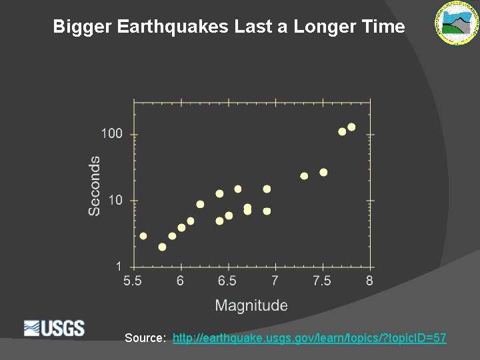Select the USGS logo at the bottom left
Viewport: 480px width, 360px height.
[54, 328]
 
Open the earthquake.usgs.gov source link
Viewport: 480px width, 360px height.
[309, 338]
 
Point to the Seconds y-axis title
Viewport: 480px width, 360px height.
[95, 185]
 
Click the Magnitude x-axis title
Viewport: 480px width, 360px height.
[251, 305]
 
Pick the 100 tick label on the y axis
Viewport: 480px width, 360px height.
[112, 134]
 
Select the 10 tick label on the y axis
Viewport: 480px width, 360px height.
[115, 200]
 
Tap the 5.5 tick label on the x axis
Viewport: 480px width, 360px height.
[133, 281]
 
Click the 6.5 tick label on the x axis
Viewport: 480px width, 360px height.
[227, 281]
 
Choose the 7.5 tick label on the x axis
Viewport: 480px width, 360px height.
[322, 281]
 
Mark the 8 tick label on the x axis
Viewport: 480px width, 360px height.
[369, 281]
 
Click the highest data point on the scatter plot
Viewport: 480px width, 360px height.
[351, 127]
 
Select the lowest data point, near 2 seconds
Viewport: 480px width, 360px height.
[162, 247]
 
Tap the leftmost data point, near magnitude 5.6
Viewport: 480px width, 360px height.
[143, 235]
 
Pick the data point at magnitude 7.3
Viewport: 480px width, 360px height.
[304, 176]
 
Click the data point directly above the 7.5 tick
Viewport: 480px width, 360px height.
[323, 172]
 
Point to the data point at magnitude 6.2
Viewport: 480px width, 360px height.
[200, 204]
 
